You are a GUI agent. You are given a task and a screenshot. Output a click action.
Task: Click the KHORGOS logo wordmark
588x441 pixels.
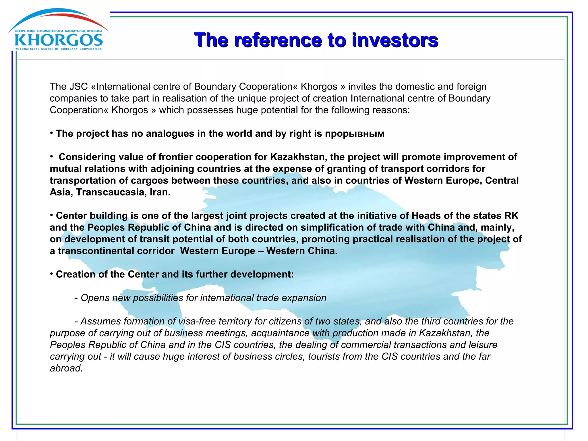[59, 40]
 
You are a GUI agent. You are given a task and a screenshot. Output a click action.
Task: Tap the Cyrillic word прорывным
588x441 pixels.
[354, 134]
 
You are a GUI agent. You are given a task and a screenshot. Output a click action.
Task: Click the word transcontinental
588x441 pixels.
[116, 251]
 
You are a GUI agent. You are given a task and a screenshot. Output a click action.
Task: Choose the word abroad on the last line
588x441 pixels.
[66, 368]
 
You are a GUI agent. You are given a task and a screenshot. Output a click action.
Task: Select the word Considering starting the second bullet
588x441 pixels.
[86, 157]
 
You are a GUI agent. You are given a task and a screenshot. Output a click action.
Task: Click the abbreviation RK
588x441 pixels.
[511, 216]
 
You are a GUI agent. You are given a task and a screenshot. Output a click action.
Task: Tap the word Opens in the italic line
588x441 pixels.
[94, 298]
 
